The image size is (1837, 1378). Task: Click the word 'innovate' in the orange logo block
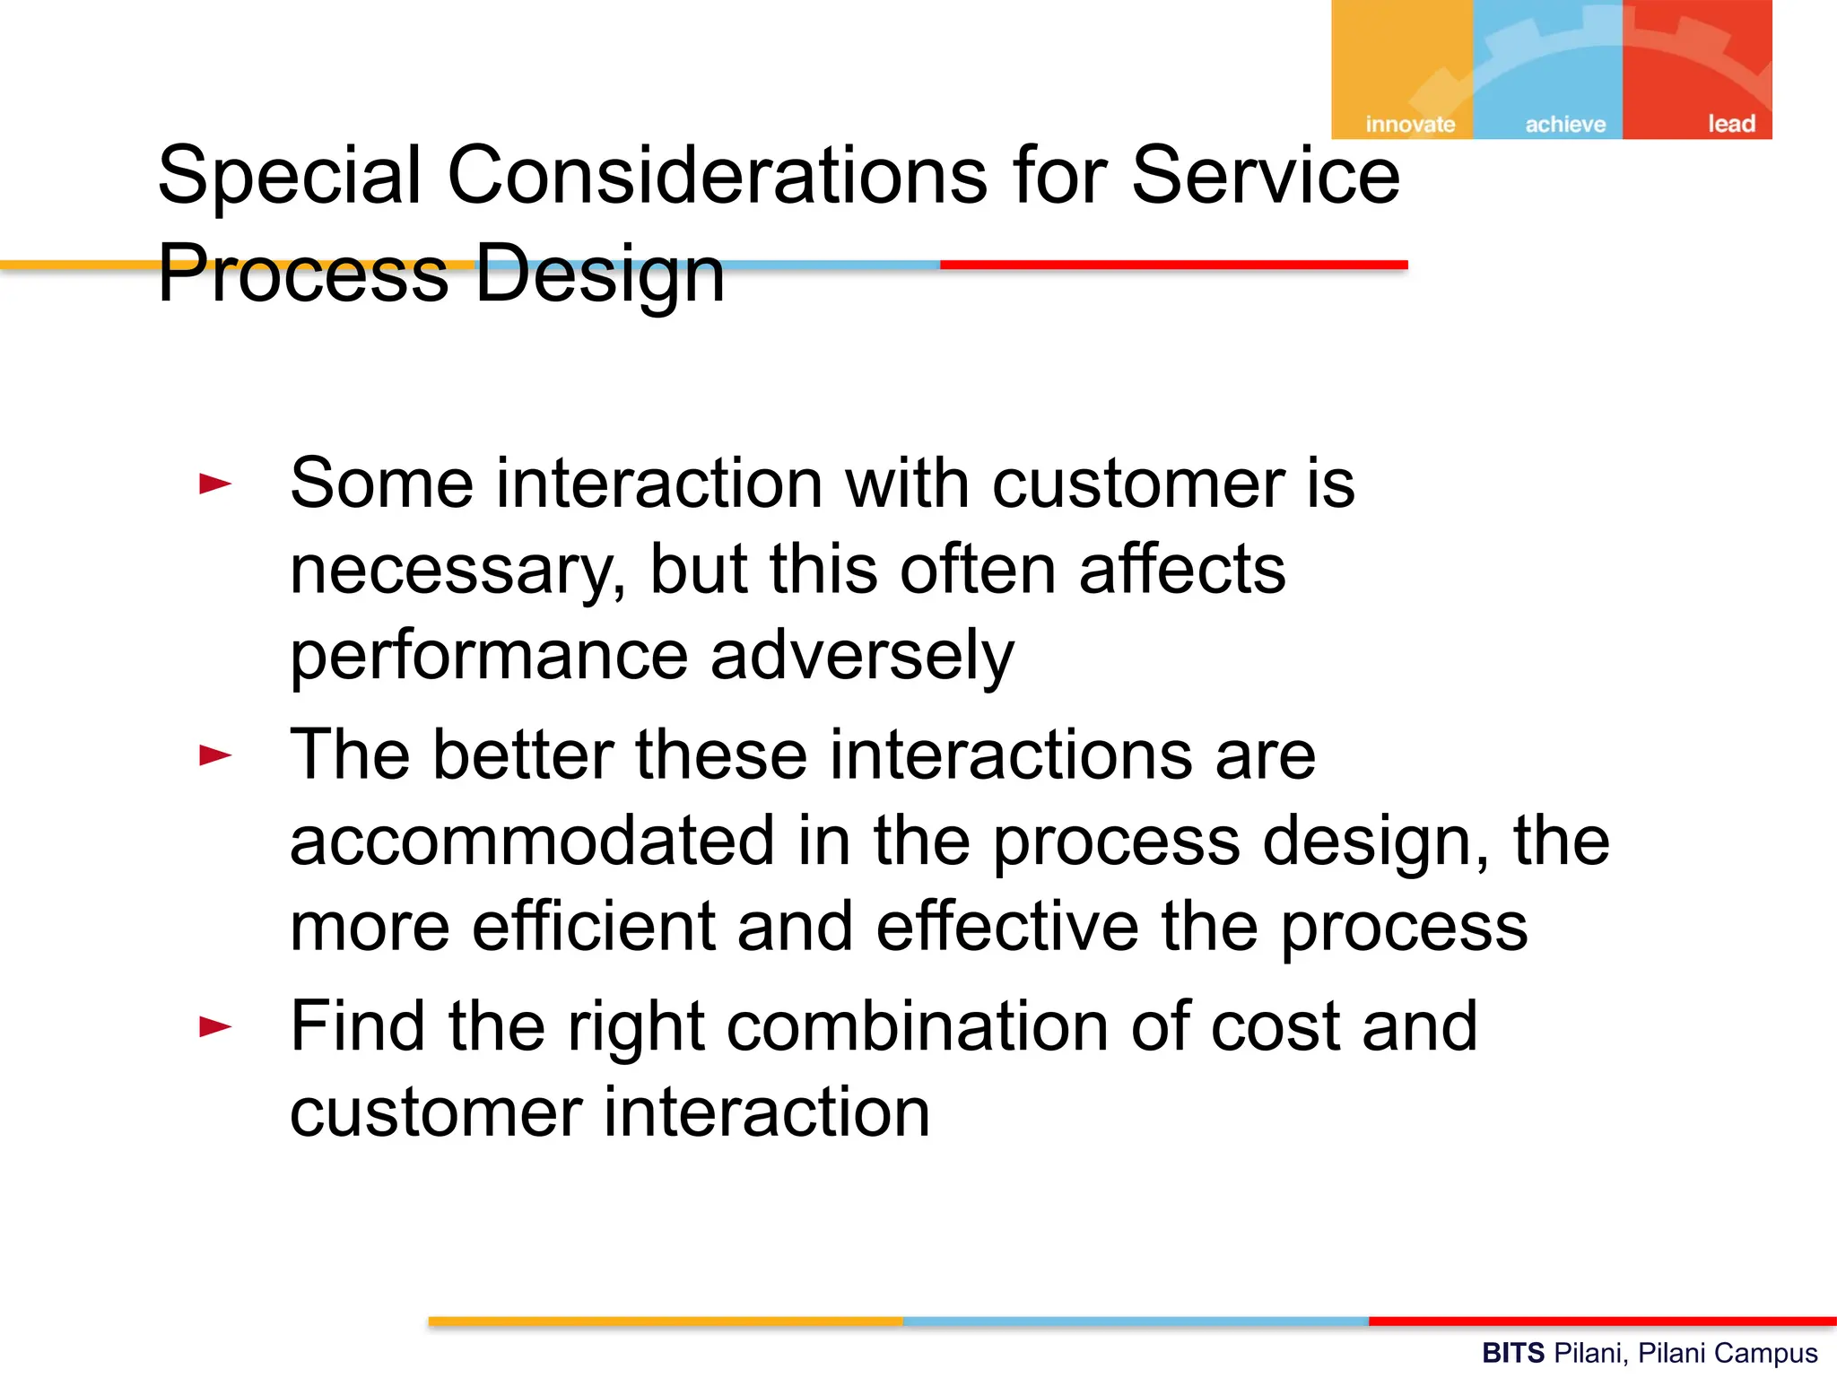1410,124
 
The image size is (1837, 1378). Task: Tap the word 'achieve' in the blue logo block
1565,124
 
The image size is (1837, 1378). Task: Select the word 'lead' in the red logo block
1731,123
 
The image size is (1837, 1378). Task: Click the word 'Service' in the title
1265,175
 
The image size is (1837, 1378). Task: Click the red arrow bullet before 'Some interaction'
215,484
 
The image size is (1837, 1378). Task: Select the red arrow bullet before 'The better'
215,755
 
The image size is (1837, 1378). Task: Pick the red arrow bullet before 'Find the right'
215,1026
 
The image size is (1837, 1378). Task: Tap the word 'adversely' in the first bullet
861,657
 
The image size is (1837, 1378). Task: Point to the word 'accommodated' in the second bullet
532,842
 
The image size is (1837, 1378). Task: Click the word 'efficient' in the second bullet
593,926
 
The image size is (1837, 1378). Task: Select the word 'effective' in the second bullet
1006,926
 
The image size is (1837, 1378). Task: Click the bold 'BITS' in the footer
1512,1353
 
